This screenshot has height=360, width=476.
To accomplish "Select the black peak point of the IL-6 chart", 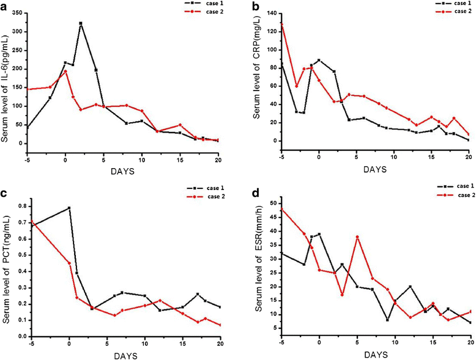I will pos(81,23).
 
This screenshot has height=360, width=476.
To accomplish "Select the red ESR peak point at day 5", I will pos(357,237).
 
